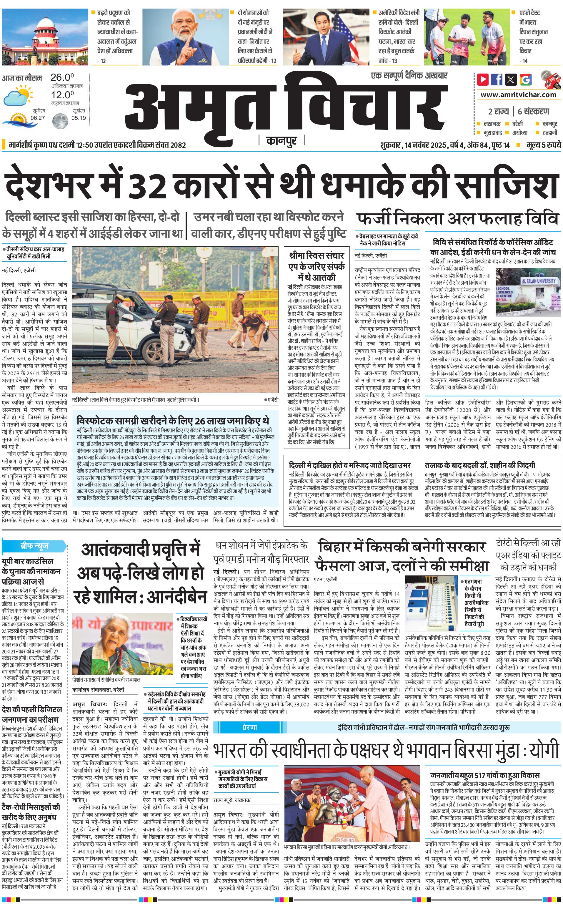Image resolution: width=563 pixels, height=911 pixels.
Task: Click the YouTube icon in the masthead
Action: [483, 79]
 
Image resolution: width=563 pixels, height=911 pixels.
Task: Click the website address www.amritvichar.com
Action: [518, 95]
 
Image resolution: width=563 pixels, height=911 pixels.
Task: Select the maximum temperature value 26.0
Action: [62, 77]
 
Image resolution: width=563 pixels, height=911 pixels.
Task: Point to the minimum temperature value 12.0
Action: [62, 95]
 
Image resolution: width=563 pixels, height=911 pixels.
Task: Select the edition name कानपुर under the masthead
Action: [281, 141]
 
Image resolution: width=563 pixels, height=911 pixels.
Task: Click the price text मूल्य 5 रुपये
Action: [543, 145]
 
